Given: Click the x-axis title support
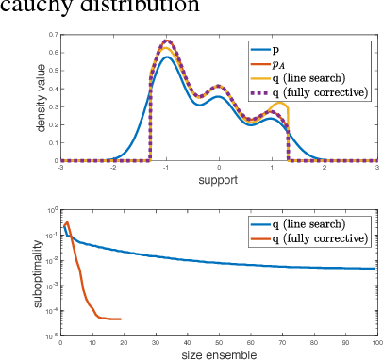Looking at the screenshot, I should [x=219, y=180].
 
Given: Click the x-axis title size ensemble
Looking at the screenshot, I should [x=219, y=354].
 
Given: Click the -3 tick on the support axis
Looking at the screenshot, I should [x=60, y=167].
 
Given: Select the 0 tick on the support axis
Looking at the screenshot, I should [x=219, y=167].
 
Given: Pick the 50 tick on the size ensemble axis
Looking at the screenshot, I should [x=219, y=342].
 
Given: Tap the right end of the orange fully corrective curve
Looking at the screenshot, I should [x=121, y=319].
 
